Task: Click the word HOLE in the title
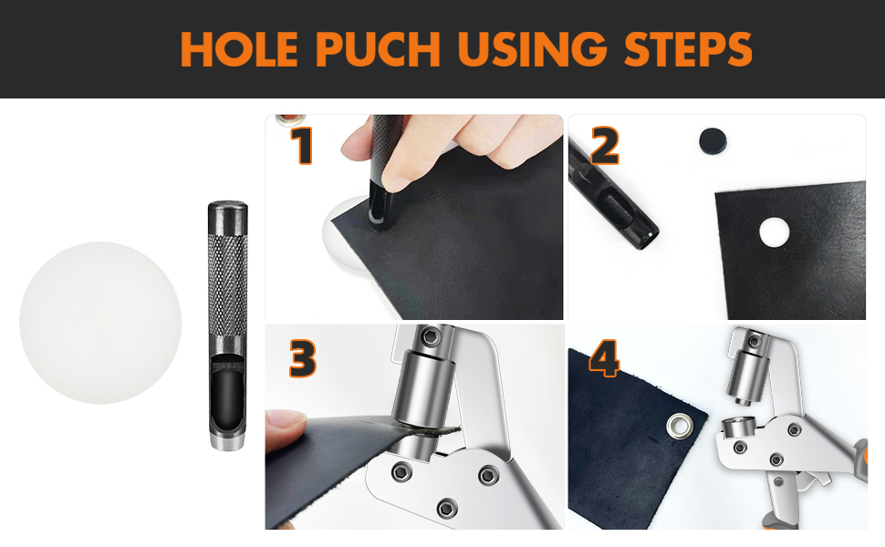(239, 49)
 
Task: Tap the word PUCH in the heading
(378, 49)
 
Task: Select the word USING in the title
(532, 49)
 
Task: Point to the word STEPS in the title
(688, 49)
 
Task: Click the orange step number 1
(303, 146)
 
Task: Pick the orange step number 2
(605, 146)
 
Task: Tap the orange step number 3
(303, 358)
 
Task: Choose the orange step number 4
(605, 358)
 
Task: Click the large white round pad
(100, 323)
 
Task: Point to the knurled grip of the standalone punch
(227, 291)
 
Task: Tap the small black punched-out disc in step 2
(713, 141)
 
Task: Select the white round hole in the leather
(774, 232)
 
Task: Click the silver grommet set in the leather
(679, 426)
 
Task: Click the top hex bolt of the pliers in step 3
(432, 337)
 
